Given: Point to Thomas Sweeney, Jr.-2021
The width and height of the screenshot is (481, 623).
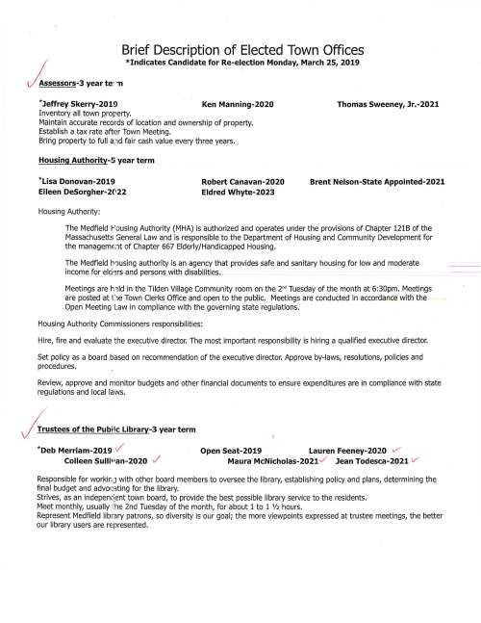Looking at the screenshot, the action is coord(391,101).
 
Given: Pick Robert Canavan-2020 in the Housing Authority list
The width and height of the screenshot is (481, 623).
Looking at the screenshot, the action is coord(243,182).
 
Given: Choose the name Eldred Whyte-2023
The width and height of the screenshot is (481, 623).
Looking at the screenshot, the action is coord(239,193).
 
